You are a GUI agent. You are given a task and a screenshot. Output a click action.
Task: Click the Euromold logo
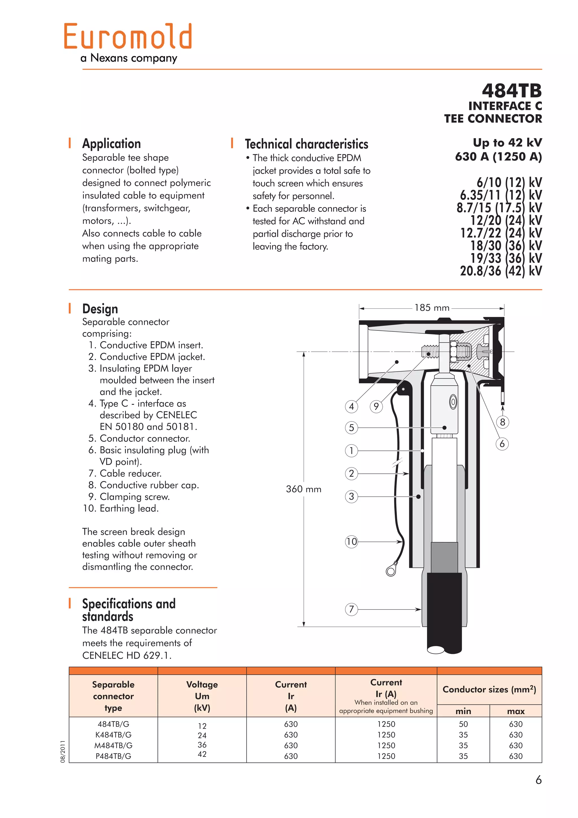click(x=128, y=36)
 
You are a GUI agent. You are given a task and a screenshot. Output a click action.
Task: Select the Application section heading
click(x=111, y=143)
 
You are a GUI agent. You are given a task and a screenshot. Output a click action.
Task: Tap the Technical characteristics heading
click(x=306, y=144)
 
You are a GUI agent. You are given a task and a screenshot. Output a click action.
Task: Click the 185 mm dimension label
click(x=432, y=308)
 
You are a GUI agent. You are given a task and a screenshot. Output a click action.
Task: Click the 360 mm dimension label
click(x=304, y=489)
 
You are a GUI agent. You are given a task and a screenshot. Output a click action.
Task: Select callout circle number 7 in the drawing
click(x=351, y=609)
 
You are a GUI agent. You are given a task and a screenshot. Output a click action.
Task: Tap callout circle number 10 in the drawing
click(x=351, y=542)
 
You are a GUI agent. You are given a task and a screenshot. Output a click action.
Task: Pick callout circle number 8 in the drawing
click(x=502, y=422)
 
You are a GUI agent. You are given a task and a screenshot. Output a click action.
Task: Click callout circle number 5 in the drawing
click(x=351, y=428)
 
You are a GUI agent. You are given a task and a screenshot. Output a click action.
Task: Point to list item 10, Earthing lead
click(x=121, y=508)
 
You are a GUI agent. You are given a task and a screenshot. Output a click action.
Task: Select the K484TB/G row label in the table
click(x=113, y=735)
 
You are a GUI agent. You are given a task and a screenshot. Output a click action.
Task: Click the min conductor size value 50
click(x=463, y=724)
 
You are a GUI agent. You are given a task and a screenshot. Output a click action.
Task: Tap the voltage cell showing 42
click(x=202, y=754)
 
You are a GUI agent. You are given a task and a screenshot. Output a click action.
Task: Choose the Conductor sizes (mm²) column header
click(x=489, y=689)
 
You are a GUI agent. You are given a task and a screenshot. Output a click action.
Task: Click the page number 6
click(x=538, y=780)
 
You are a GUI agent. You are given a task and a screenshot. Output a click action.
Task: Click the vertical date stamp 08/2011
click(x=63, y=751)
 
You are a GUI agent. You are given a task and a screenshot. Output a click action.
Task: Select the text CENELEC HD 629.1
click(x=127, y=655)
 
